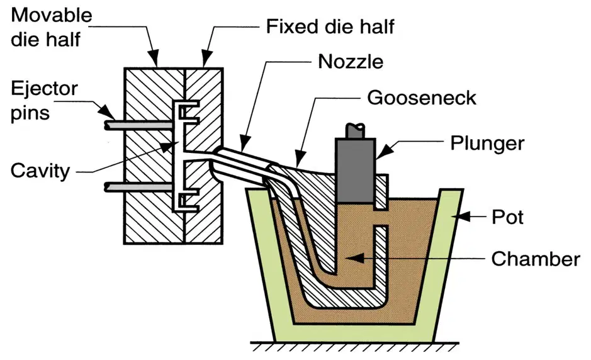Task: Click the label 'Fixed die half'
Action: [330, 26]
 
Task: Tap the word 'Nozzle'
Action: [351, 62]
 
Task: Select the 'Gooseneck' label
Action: [422, 98]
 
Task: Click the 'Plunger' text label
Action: [487, 143]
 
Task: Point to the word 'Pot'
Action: [507, 217]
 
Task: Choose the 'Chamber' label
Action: [536, 259]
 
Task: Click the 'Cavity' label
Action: [40, 171]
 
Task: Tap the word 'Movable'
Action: [52, 15]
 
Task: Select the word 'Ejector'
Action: [44, 89]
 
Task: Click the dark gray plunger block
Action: [356, 170]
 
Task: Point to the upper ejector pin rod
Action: [140, 125]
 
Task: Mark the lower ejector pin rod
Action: [140, 187]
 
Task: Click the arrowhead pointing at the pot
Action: [464, 217]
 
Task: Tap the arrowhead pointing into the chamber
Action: [355, 258]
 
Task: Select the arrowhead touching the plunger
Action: [384, 152]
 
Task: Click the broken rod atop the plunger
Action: [356, 130]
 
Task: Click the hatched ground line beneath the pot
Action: [355, 346]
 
